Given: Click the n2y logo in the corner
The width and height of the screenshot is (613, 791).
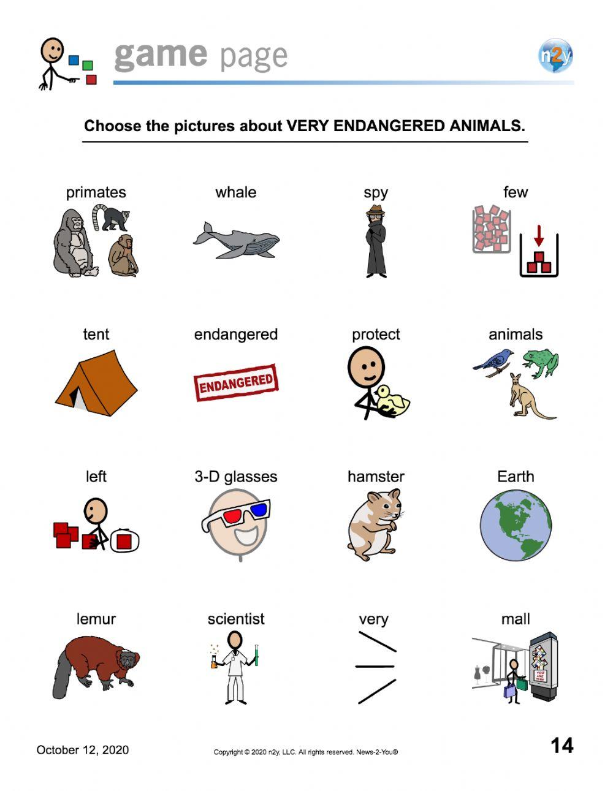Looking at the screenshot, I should coord(555,56).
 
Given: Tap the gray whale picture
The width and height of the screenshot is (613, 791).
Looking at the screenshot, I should coord(237,241).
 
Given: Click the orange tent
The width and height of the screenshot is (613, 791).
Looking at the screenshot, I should coord(96,384).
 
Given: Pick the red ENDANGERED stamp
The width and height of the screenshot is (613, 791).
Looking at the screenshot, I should coord(236,382).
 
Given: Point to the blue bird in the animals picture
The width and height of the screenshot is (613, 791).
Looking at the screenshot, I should coord(494,360).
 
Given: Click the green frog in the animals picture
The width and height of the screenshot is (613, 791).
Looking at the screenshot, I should coord(541,362).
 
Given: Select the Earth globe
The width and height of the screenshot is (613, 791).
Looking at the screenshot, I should coord(516,525).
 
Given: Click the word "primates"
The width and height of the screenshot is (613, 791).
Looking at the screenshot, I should coord(96,192).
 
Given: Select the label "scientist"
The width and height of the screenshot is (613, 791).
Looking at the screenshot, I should coord(236,619).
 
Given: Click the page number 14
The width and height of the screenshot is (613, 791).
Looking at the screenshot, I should coord(562,746).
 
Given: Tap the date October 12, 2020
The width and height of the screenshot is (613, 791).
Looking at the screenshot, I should coord(83,750).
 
